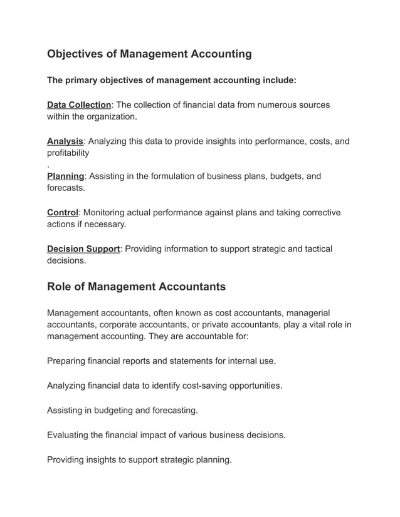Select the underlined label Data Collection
[x=79, y=105]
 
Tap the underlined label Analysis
[x=65, y=141]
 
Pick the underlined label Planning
[x=65, y=177]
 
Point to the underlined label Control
[x=63, y=213]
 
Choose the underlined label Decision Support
[x=83, y=249]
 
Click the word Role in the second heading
[x=60, y=287]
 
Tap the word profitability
[x=68, y=153]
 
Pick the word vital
[x=312, y=325]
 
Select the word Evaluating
[x=70, y=435]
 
